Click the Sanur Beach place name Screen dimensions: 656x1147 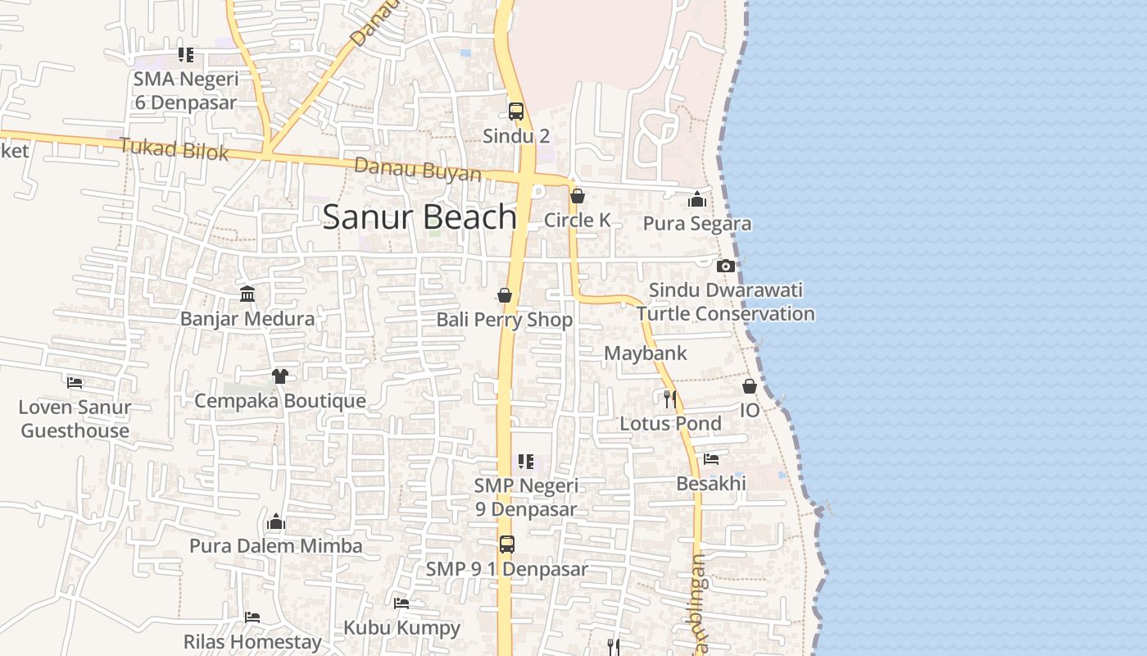coord(419,217)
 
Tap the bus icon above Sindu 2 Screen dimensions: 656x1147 coord(516,112)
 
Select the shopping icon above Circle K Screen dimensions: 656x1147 coord(578,196)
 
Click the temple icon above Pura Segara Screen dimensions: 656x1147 coord(697,199)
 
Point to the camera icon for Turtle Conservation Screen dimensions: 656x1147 coord(725,266)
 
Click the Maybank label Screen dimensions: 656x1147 coord(646,353)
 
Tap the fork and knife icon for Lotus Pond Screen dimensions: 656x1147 coord(670,399)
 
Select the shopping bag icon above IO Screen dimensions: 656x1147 coord(750,386)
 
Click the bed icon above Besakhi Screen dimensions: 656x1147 coord(711,459)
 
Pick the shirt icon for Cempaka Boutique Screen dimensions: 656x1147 coord(280,376)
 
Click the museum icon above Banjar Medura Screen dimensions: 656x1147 coord(247,294)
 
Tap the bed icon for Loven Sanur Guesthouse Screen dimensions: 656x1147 coord(75,382)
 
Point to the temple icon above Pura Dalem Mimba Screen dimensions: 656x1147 coord(275,522)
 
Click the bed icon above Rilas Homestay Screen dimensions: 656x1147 coord(252,617)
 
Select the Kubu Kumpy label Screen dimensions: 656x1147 coord(401,628)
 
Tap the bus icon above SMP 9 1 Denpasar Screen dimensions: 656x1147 coord(507,544)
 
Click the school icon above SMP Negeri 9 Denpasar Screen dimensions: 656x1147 coord(526,462)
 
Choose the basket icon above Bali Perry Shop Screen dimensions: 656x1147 coord(505,295)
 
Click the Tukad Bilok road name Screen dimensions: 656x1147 coord(174,149)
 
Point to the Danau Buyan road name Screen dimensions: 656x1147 coord(418,170)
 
